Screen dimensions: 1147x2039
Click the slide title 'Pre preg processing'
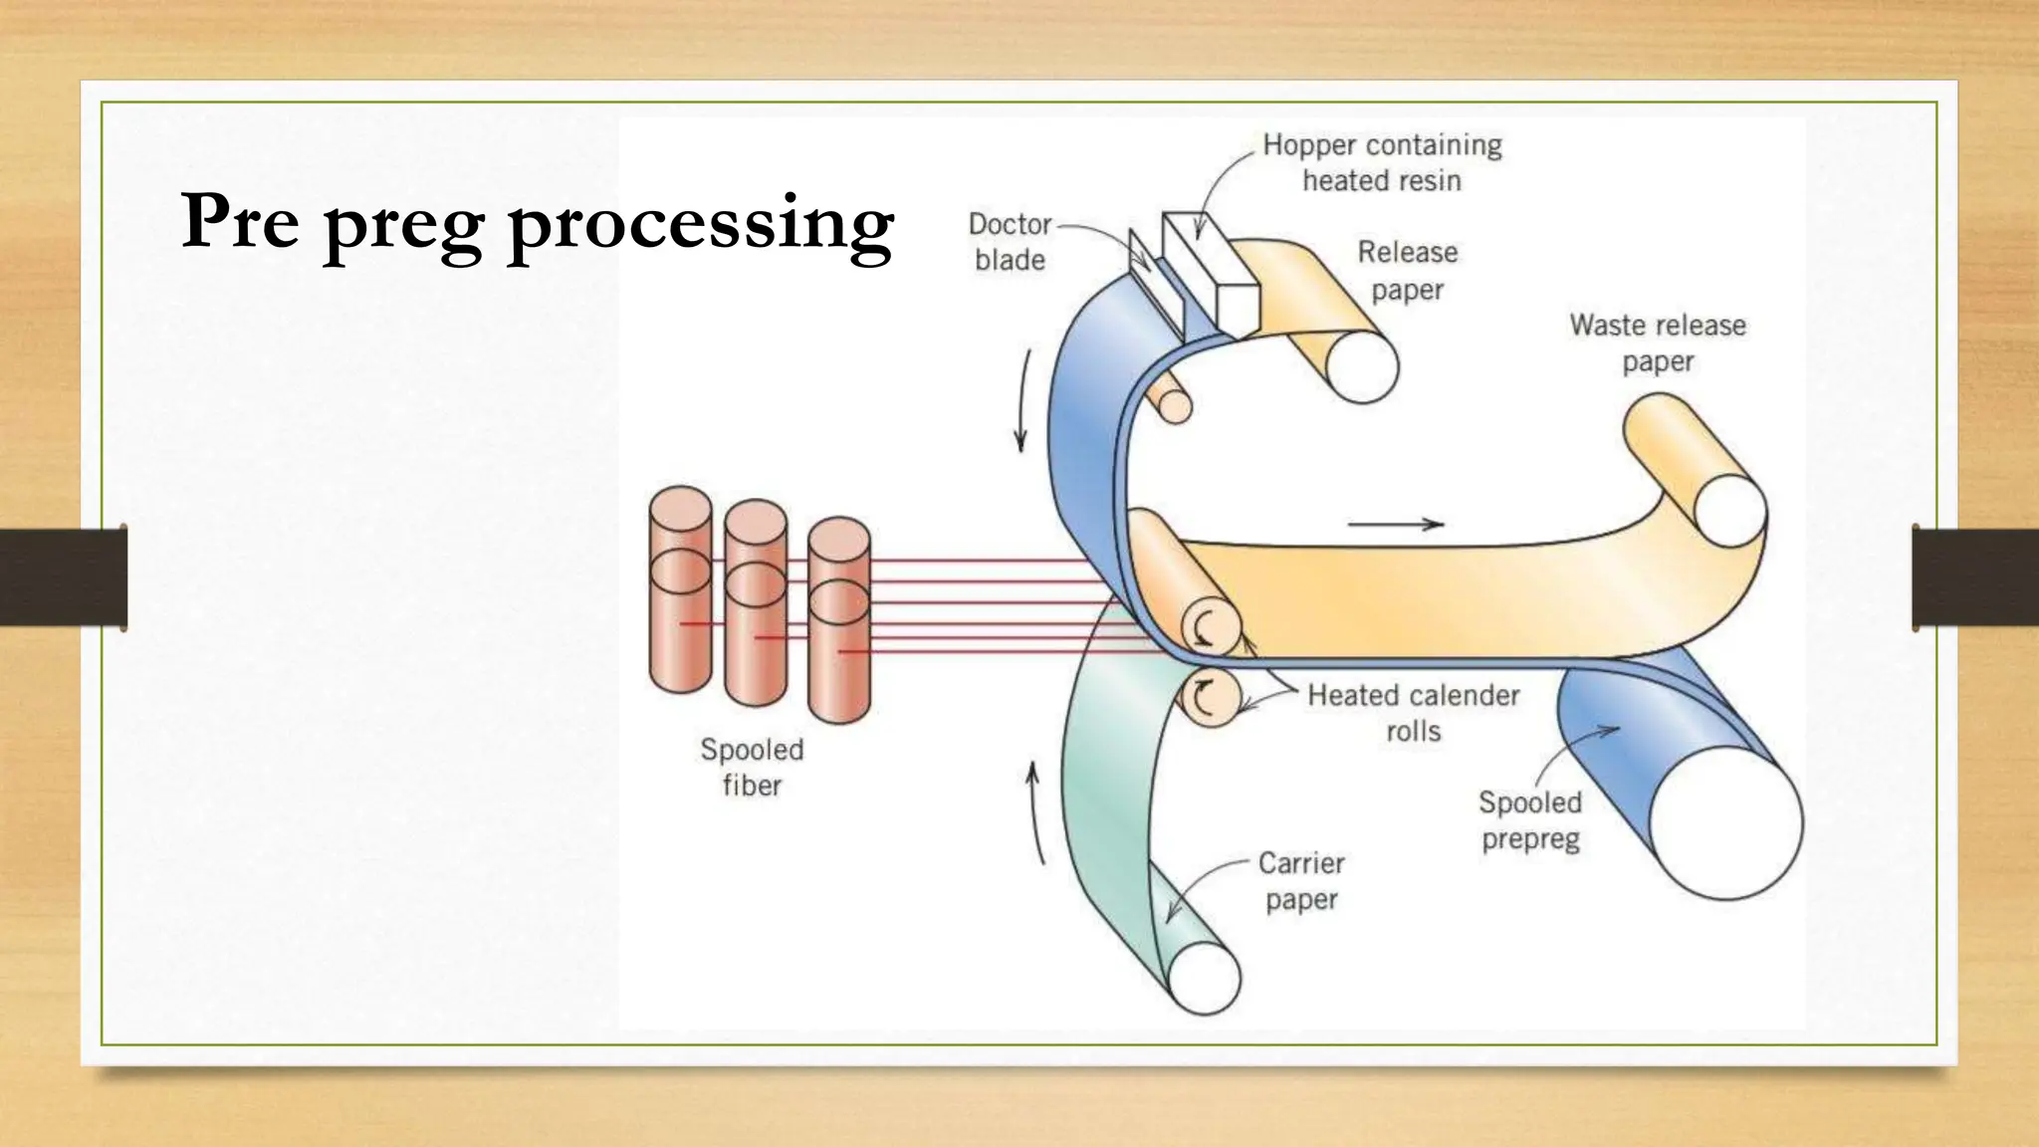[538, 223]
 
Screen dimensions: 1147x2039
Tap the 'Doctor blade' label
[1010, 242]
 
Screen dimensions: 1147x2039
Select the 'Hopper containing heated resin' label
[1382, 162]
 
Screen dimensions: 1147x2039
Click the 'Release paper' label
[1407, 270]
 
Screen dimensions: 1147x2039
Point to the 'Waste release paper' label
[1658, 343]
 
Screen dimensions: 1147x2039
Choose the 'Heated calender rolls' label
[1413, 713]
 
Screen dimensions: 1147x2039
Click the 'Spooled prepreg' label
[1530, 820]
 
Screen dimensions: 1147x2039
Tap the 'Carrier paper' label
[1301, 881]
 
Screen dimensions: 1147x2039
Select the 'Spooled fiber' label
[752, 767]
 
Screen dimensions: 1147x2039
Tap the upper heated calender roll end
[1211, 629]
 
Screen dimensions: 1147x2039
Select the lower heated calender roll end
[1209, 699]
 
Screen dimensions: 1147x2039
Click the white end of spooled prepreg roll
[1726, 823]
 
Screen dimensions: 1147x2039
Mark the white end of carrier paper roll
[1204, 978]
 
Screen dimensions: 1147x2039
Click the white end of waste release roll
[1730, 511]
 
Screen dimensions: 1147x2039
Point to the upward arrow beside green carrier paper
[1037, 812]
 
